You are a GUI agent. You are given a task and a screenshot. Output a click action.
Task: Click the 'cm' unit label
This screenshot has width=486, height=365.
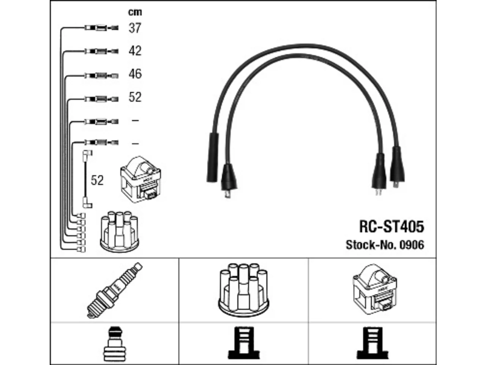tap(135, 13)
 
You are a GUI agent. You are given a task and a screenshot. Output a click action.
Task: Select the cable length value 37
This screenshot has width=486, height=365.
tap(135, 28)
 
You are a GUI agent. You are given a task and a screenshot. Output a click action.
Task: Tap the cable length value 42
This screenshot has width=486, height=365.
tap(135, 51)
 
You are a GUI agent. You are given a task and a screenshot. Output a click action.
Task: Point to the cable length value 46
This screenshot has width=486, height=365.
tap(135, 74)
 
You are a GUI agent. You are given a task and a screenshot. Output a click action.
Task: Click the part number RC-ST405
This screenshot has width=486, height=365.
tap(391, 227)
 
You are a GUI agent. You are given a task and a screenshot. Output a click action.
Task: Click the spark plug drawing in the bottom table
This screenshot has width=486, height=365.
tap(114, 290)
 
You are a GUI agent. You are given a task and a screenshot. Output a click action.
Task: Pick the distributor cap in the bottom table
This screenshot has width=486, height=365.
tap(243, 290)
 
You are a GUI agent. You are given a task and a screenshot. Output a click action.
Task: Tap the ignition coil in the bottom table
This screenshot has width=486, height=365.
tap(375, 289)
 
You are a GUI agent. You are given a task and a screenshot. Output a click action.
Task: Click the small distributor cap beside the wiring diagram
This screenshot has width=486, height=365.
tap(119, 232)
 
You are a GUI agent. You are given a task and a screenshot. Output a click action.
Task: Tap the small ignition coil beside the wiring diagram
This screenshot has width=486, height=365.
tap(140, 179)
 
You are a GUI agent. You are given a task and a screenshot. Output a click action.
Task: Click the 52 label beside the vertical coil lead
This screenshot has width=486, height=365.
tap(97, 180)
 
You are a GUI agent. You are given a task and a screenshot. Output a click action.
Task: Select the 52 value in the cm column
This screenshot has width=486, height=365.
tap(135, 97)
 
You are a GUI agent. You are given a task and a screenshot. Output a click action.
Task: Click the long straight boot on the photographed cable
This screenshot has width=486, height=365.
tap(213, 157)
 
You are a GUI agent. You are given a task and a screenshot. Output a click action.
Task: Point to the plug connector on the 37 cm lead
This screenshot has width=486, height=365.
tap(101, 28)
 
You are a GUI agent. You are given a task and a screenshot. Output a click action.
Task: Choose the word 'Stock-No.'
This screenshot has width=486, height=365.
tap(371, 245)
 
